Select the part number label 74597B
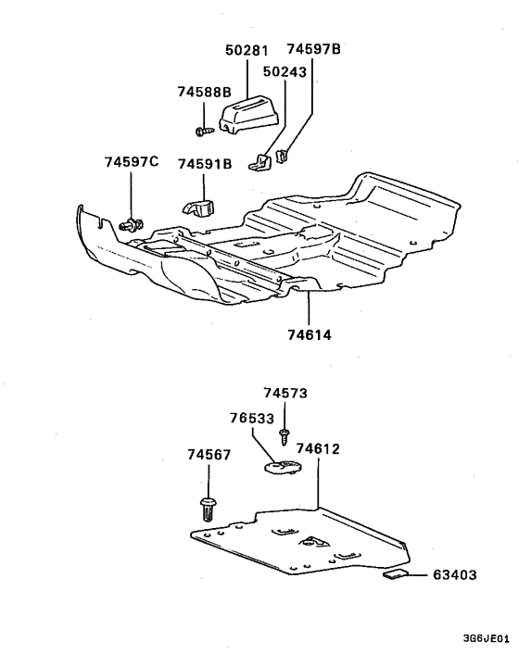pyautogui.click(x=313, y=49)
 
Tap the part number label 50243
pyautogui.click(x=284, y=71)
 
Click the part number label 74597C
pyautogui.click(x=132, y=163)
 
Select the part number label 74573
pyautogui.click(x=284, y=393)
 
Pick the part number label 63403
pyautogui.click(x=454, y=575)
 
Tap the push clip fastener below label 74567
pyautogui.click(x=208, y=508)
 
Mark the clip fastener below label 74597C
pyautogui.click(x=133, y=222)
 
